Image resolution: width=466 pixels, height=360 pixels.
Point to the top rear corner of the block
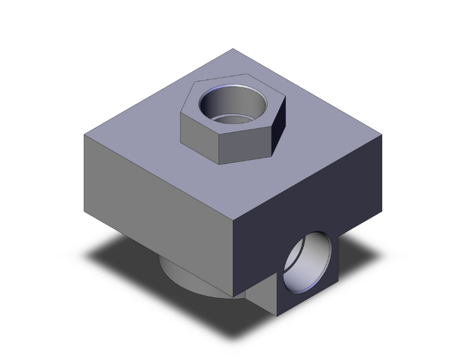pyautogui.click(x=233, y=49)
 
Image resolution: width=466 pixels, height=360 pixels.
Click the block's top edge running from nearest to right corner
pyautogui.click(x=307, y=178)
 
